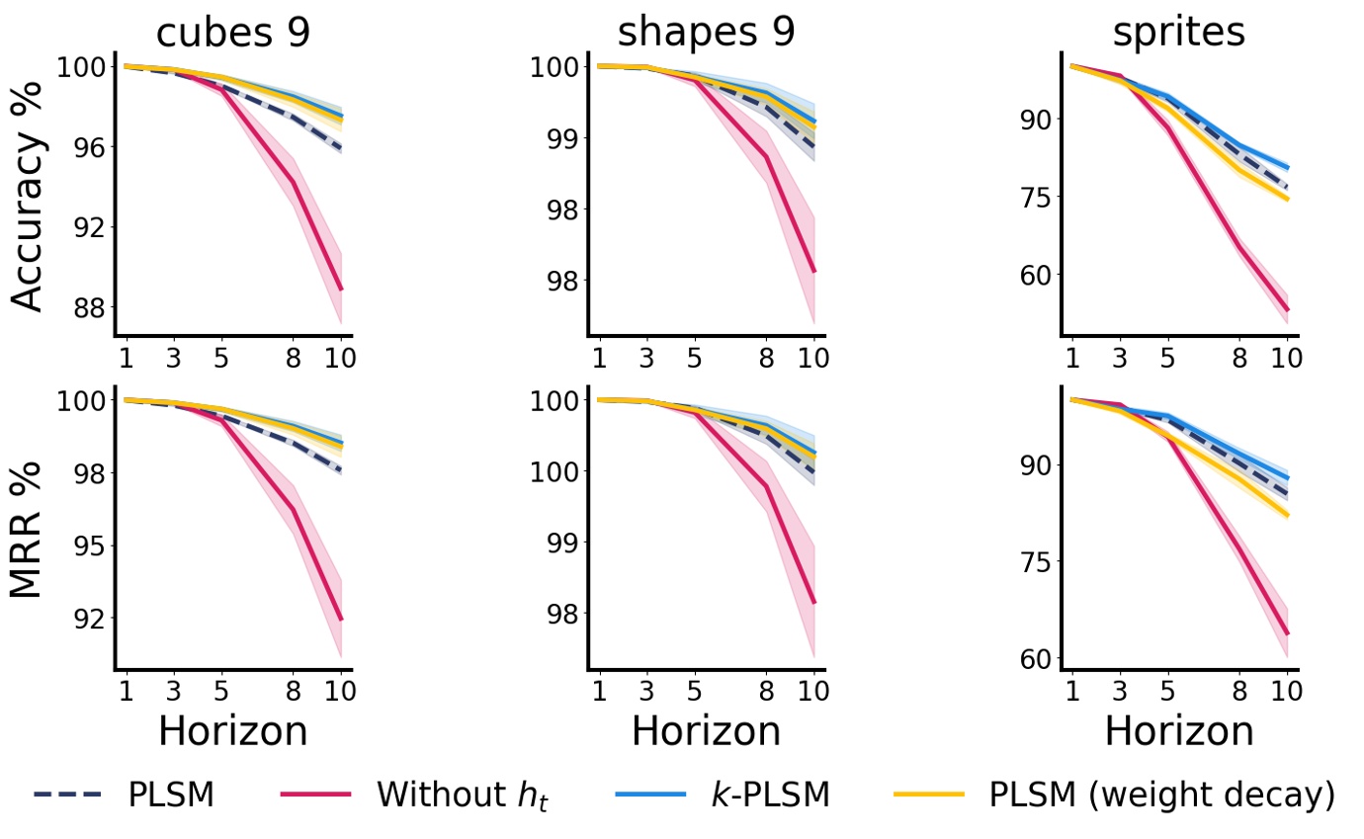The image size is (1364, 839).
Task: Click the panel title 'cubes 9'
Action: coord(233,33)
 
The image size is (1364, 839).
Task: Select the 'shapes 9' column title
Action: coord(706,33)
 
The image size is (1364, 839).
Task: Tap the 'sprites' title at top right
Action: coord(1178,33)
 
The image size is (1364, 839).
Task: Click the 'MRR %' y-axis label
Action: coord(30,528)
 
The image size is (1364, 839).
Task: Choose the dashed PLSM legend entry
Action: coord(124,795)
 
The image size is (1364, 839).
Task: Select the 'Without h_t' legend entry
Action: coord(414,795)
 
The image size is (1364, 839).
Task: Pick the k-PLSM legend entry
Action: coord(722,795)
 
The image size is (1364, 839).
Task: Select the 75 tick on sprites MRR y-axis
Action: coord(1034,561)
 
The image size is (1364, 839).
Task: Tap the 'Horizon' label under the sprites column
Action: coord(1178,731)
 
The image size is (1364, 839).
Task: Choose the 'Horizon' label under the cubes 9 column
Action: coord(233,731)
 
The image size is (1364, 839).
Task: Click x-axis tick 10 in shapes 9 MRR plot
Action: coord(812,690)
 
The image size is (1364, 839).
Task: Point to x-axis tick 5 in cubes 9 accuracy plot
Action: coord(220,357)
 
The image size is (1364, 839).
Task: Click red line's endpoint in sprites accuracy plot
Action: coord(1287,309)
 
